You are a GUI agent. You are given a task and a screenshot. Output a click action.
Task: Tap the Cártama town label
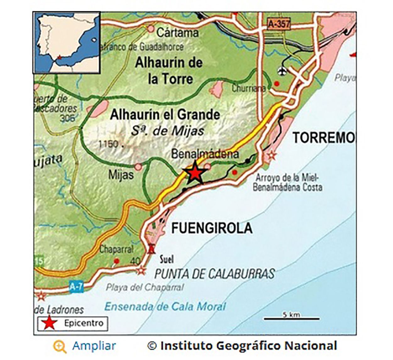coord(178,33)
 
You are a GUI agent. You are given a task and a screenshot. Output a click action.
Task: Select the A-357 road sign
coord(279,24)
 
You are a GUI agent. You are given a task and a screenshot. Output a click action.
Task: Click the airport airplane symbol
coord(283,71)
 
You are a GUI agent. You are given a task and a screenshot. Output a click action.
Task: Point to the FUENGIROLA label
coord(212,228)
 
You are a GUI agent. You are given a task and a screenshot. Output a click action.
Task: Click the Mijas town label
coord(121,175)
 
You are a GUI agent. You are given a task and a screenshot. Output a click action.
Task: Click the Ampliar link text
coord(94,346)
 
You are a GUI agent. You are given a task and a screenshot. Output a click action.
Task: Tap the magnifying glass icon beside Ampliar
coord(60,346)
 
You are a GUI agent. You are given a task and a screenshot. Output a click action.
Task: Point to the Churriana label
coord(248,88)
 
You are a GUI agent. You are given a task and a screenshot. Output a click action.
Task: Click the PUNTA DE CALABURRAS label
coord(214,274)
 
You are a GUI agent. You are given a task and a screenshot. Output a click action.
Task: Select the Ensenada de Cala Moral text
coord(165,307)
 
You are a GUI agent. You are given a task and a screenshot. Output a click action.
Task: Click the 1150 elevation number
coord(109,144)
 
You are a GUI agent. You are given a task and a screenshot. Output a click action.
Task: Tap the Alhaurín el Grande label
coord(165,115)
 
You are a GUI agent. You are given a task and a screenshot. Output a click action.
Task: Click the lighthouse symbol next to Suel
coord(152,249)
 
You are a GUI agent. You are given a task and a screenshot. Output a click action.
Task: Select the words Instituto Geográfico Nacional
coord(248,346)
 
